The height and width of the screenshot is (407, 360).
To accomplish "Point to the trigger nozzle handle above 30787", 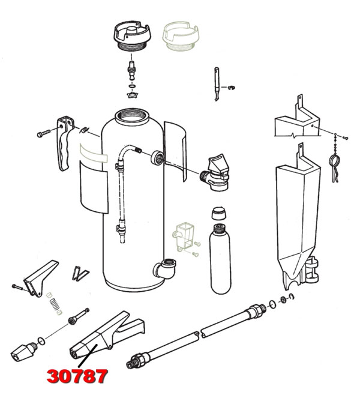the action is click(106, 337).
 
